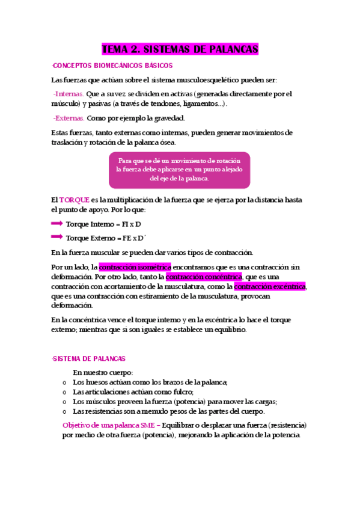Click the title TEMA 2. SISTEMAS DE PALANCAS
click(180, 49)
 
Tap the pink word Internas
click(69, 94)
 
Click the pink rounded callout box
click(179, 170)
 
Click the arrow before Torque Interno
click(57, 223)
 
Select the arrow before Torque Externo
click(57, 237)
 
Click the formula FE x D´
click(133, 238)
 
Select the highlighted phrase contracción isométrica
click(135, 266)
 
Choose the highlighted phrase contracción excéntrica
click(270, 287)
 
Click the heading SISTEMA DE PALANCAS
click(89, 358)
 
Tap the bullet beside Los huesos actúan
click(65, 382)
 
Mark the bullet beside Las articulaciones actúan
click(65, 392)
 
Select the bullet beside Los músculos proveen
click(65, 402)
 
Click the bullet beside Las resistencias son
click(65, 411)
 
